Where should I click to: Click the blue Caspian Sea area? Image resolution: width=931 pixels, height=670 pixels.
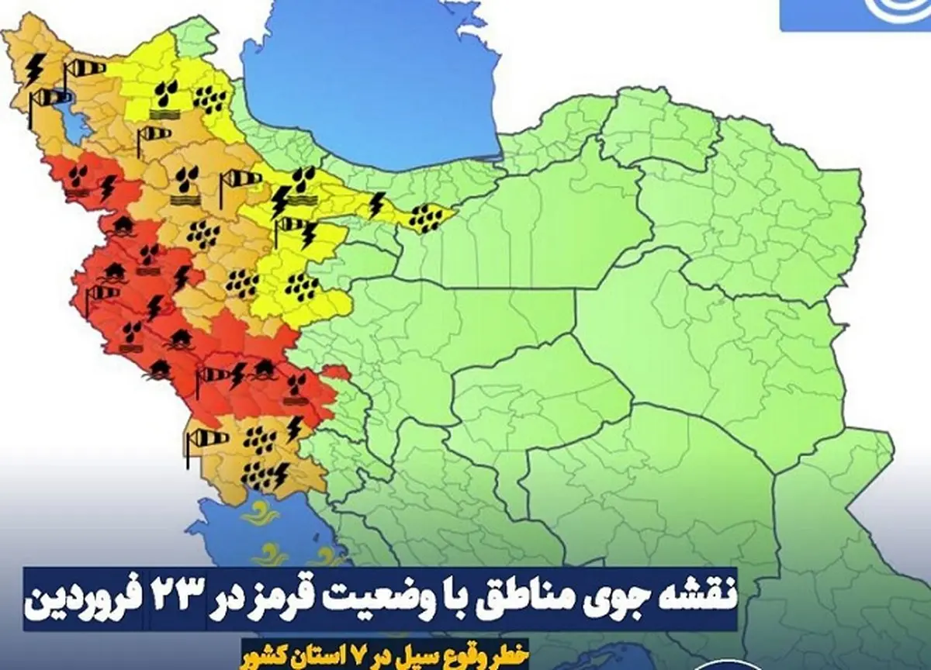pos(372,85)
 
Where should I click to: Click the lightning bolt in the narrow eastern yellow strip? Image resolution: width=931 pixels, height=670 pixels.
pos(376,205)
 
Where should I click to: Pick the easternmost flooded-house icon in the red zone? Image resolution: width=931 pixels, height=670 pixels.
pos(264,367)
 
